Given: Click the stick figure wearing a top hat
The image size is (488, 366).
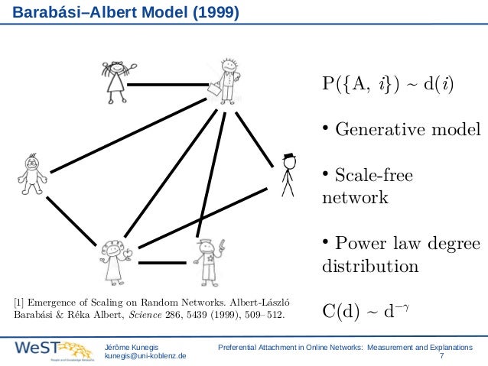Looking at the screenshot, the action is click(288, 174).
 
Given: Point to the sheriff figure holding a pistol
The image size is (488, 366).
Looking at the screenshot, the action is click(207, 260).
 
